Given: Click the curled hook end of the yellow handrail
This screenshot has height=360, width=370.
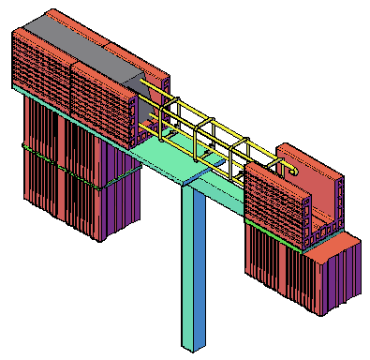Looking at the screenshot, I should pos(295,170).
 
